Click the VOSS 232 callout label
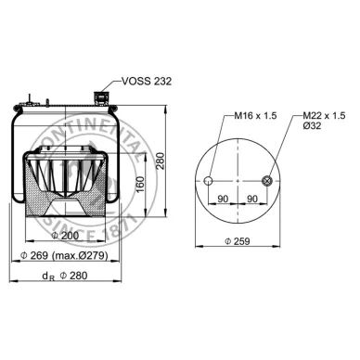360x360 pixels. click(147, 81)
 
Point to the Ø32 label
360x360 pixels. click(314, 126)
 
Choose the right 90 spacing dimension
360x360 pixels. click(252, 198)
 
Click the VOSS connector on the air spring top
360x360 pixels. click(99, 96)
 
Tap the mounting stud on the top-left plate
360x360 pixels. click(34, 97)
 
